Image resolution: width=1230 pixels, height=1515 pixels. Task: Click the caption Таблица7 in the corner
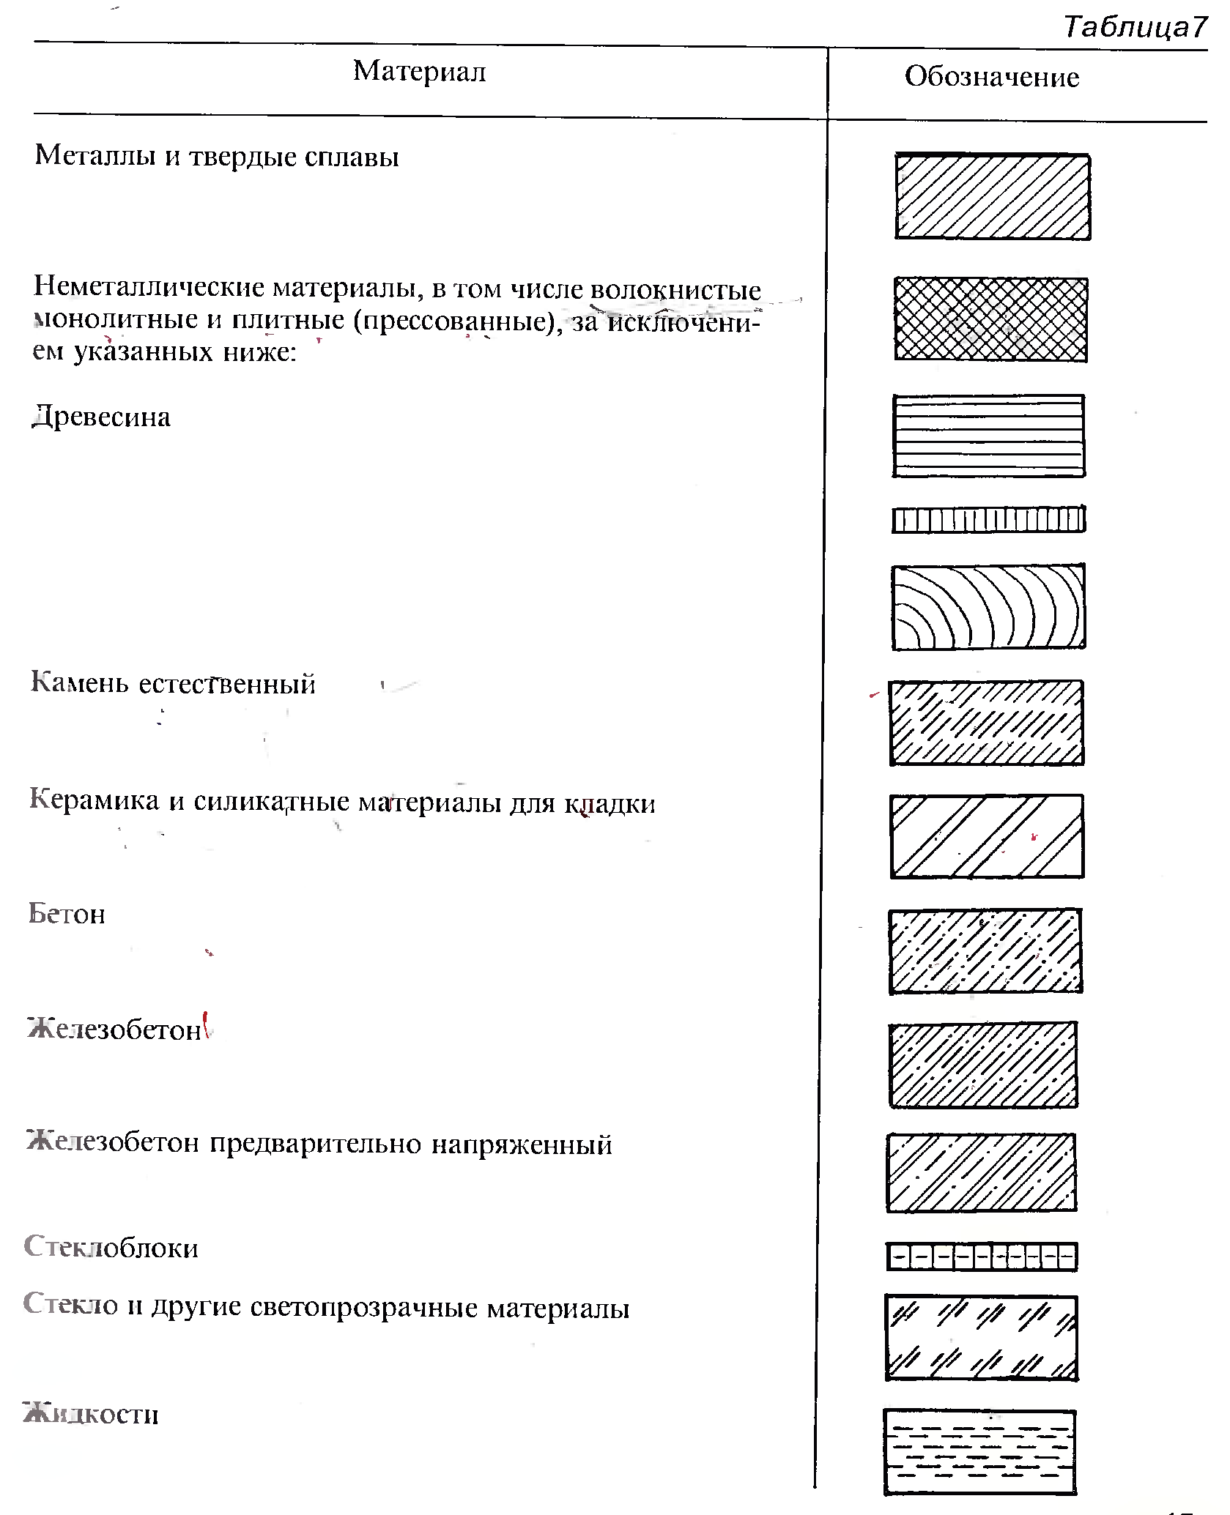coord(1134,27)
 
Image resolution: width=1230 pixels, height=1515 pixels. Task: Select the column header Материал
coord(419,71)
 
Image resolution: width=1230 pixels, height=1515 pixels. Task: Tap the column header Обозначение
coord(992,77)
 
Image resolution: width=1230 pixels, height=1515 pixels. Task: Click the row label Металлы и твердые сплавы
coord(217,156)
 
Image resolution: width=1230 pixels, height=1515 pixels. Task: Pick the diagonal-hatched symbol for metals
coord(993,196)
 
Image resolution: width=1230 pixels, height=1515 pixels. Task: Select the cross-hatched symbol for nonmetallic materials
coord(990,319)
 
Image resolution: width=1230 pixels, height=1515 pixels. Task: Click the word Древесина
coord(101,417)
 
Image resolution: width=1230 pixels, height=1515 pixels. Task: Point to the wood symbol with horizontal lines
coord(988,436)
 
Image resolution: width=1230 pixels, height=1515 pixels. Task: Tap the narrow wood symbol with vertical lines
coord(988,520)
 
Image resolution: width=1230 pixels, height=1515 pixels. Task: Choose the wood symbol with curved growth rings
coord(988,607)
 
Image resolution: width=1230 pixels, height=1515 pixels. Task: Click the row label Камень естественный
coord(173,683)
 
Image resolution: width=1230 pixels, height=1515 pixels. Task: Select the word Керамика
coord(94,800)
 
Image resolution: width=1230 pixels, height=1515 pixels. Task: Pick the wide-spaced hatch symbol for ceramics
coord(987,836)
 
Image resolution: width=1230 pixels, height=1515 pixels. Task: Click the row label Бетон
coord(67,914)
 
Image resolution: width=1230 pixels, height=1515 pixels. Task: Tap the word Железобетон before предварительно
coord(113,1143)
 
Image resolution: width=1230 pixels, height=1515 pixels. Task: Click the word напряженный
coord(522,1144)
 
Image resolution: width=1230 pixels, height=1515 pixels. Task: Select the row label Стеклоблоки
coord(111,1247)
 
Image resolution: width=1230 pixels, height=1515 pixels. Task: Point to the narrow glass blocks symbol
coord(982,1257)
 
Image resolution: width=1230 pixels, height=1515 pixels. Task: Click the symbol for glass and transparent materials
coord(982,1338)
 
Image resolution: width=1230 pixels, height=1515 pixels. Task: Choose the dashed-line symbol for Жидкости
coord(980,1451)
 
